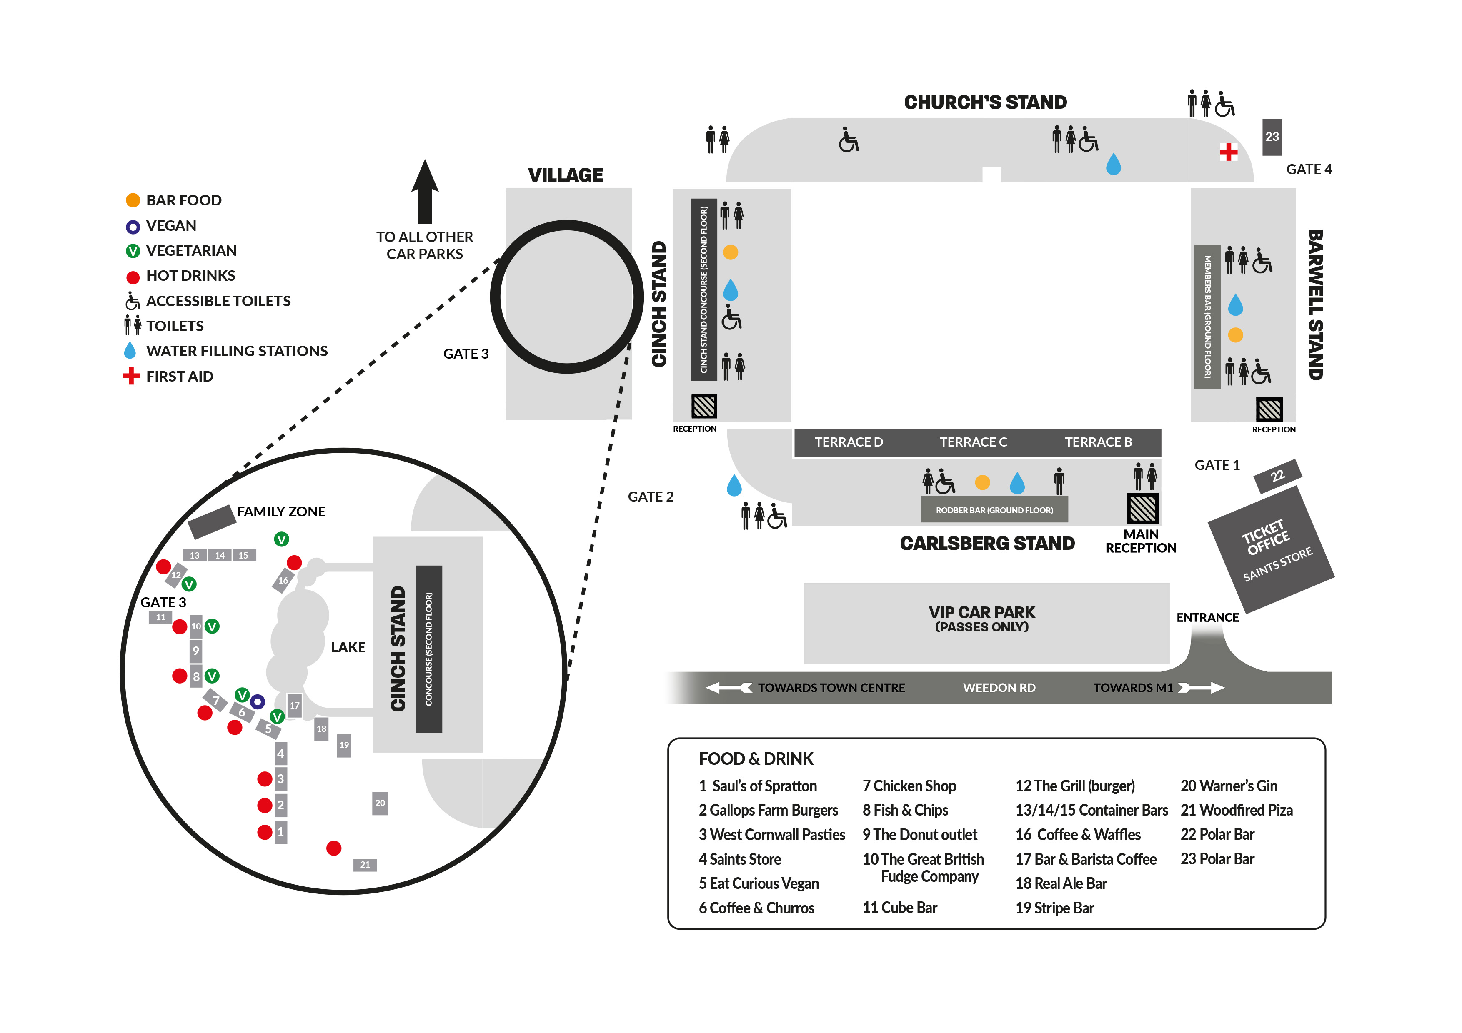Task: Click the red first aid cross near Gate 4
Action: pos(1228,152)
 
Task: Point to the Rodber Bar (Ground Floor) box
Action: pos(994,510)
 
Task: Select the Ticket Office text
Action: pos(1265,538)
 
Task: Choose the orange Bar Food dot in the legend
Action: pos(133,200)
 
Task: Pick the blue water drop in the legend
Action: pos(130,351)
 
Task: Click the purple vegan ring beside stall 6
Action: pos(257,702)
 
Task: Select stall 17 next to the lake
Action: pos(294,705)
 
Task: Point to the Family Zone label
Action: pos(281,512)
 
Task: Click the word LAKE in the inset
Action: pos(348,647)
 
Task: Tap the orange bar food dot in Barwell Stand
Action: pos(1235,335)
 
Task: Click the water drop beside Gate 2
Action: pos(734,486)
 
